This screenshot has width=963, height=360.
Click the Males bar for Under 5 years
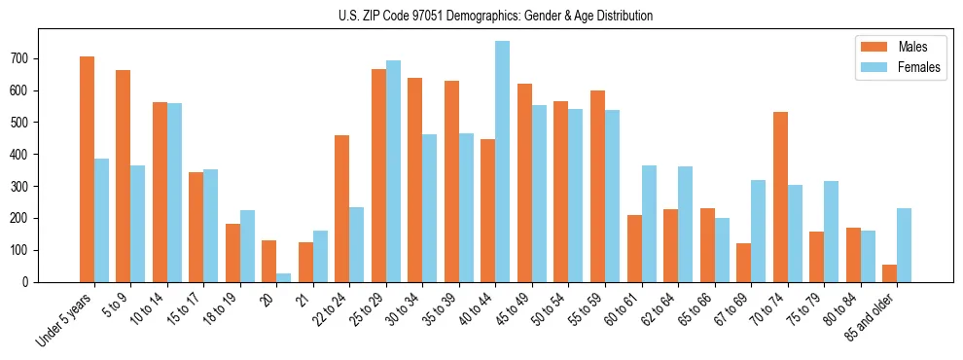pos(87,169)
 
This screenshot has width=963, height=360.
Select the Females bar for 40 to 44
pos(502,162)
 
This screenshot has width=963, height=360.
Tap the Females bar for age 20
pos(283,277)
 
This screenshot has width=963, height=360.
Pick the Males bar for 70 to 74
pos(780,197)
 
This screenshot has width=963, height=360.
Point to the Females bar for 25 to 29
pos(393,171)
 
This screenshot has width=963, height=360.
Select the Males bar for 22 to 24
pos(341,208)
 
